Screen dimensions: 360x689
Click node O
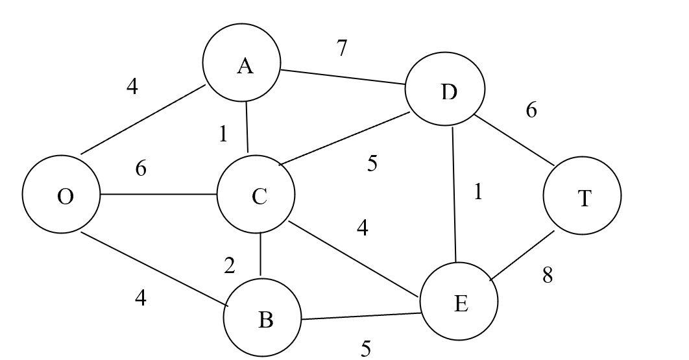tap(61, 195)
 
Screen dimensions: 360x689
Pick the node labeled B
tap(262, 318)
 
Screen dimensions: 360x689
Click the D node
tap(445, 91)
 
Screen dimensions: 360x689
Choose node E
tap(459, 302)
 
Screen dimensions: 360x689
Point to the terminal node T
tap(582, 195)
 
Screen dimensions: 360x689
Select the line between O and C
tap(158, 193)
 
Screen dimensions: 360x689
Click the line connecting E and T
tap(523, 256)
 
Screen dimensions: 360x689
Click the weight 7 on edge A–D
tap(342, 48)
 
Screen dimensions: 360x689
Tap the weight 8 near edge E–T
tap(548, 276)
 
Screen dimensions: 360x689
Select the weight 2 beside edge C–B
tap(230, 266)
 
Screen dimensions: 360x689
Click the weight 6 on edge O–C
tap(141, 169)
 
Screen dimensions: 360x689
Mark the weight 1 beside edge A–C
tap(223, 134)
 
